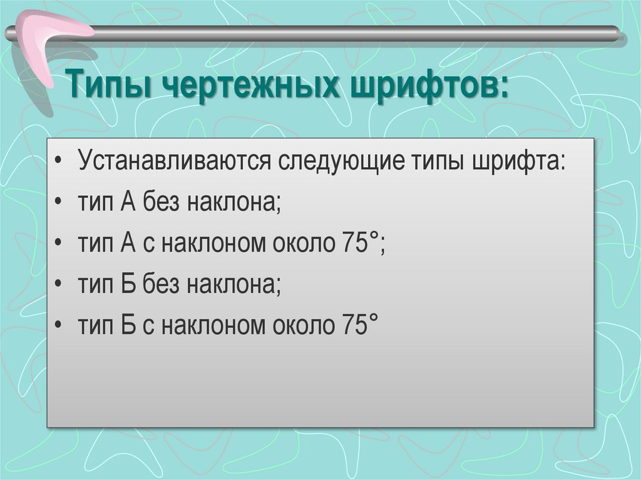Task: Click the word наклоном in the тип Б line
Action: coord(213,325)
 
